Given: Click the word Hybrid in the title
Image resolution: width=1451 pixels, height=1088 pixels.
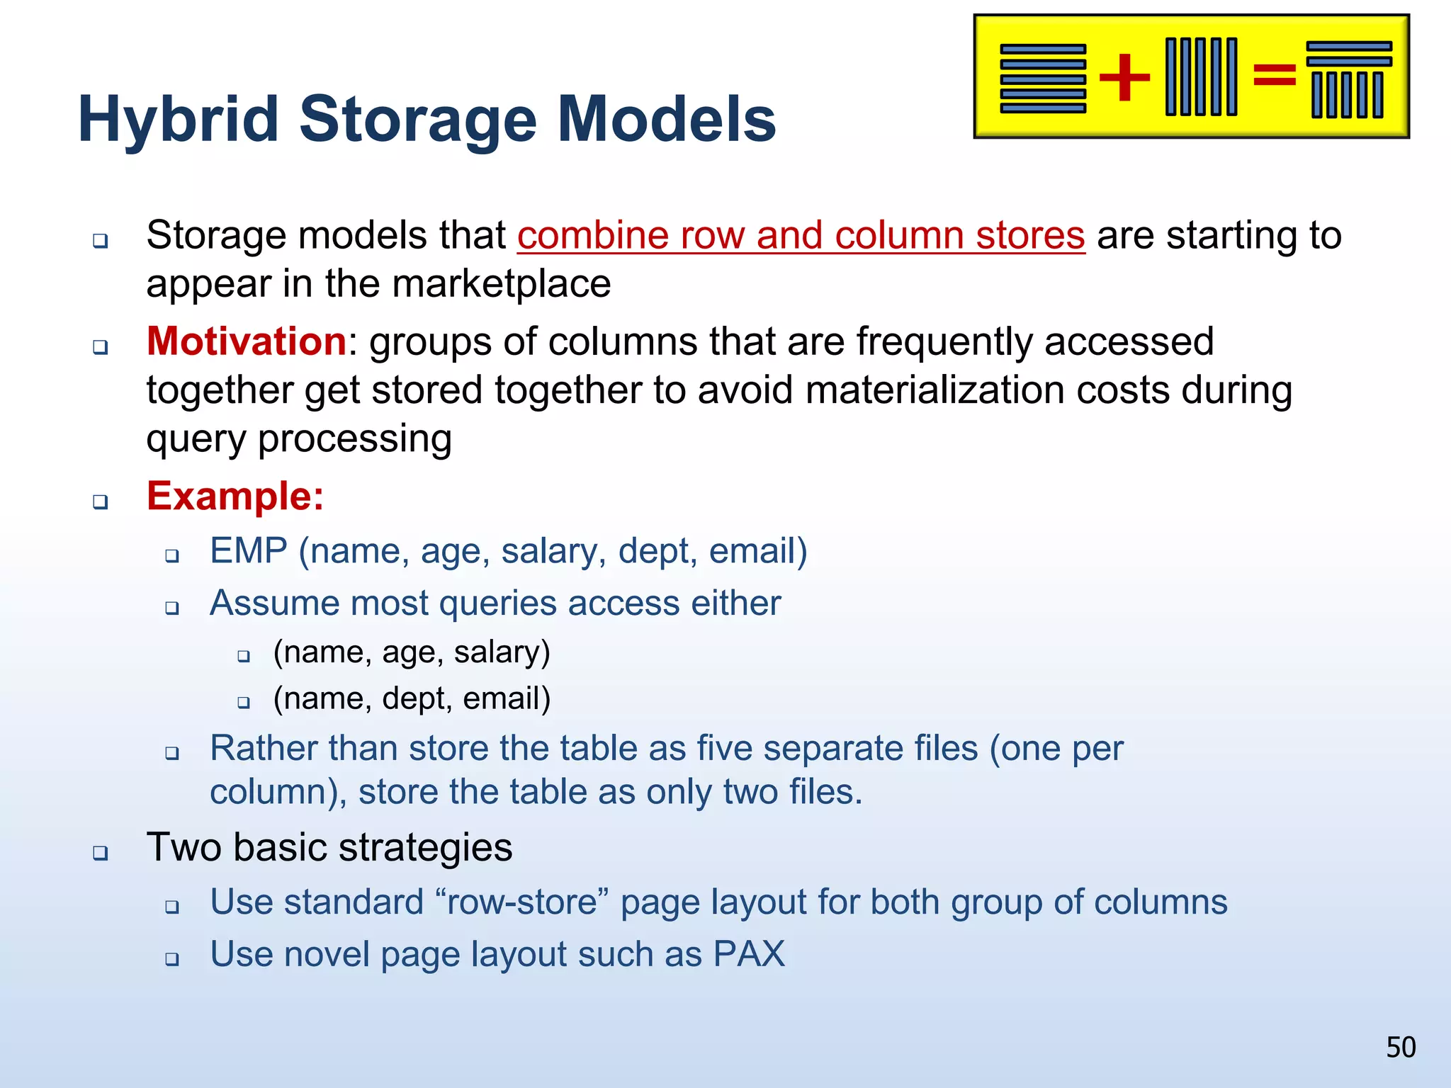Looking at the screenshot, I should (179, 120).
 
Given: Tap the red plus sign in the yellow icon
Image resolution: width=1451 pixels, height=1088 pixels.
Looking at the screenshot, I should (1124, 76).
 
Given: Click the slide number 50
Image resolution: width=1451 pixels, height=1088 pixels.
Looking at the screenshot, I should (1401, 1047).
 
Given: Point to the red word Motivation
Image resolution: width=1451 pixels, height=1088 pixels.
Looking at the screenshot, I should (246, 341).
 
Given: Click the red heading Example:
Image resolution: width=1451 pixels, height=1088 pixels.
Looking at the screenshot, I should (235, 496).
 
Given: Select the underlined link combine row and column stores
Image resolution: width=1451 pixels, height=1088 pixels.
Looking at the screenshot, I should (801, 236).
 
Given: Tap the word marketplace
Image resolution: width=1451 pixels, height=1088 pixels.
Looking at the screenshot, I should (501, 285).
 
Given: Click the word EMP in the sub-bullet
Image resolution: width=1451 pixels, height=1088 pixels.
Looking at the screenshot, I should (248, 551).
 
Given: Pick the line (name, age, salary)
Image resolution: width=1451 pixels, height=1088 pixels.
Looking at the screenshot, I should (412, 652).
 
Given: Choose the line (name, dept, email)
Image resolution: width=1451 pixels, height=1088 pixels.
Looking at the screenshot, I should (412, 698).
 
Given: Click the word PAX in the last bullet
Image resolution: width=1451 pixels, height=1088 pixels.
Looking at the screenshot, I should (749, 954).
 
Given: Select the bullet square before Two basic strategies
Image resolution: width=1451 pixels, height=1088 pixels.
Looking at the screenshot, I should (101, 852).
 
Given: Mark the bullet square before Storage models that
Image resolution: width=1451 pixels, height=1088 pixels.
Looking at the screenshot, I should (101, 241).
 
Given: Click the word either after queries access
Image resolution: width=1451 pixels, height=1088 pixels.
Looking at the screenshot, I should (735, 603).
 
